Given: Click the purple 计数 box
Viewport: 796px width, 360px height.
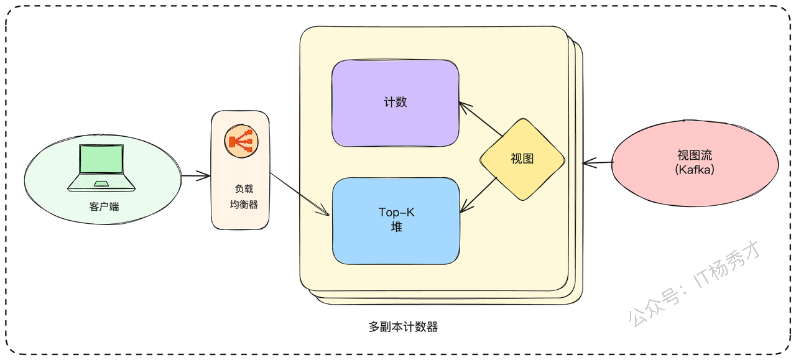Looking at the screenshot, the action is coord(395,103).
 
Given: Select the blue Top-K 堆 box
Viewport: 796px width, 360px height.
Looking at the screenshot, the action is coord(396,221).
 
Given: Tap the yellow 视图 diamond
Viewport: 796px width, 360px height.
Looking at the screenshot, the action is coord(522,159).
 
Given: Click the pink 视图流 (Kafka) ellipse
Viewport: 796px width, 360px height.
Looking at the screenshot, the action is coord(695,163).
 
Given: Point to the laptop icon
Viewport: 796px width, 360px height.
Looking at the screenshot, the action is coord(101,168).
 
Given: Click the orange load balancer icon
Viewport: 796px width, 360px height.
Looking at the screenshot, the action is coord(241,141).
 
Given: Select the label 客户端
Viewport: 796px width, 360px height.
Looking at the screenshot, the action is coord(104,207).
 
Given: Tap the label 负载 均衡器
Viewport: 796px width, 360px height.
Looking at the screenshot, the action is coord(244,196).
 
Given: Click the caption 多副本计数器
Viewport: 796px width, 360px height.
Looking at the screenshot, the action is coord(403,327).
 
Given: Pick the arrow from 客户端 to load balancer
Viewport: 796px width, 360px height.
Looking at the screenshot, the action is coord(196,175).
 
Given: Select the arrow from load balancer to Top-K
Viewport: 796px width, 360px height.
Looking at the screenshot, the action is coord(300,194).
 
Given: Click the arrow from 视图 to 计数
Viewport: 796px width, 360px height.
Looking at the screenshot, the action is coord(481,119).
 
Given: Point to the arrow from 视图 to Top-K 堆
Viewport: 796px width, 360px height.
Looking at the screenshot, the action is coord(478,195).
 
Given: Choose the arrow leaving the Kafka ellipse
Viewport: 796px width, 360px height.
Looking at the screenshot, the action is coord(598,163).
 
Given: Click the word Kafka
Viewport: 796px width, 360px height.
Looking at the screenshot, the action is coord(695,170).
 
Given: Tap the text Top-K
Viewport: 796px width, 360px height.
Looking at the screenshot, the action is coord(396,213).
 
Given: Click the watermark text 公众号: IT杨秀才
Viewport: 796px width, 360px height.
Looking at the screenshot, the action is coord(695,284).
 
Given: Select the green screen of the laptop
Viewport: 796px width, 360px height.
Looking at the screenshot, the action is coord(101,159).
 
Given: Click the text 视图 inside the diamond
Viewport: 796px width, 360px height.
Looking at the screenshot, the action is coord(522,159).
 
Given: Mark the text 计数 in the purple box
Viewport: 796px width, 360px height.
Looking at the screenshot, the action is coord(395,103).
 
